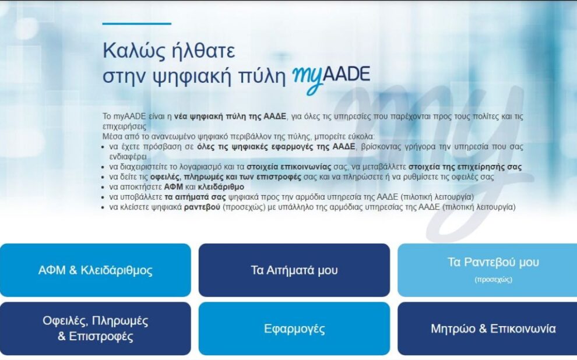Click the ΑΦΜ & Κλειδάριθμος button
pos(95,270)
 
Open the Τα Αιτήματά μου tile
pos(294,270)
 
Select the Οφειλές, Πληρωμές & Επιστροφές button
pos(95,329)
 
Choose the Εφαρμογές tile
pos(294,329)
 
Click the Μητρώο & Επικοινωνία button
pos(493,329)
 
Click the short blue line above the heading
pos(136,24)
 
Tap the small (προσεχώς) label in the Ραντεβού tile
pos(493,280)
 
